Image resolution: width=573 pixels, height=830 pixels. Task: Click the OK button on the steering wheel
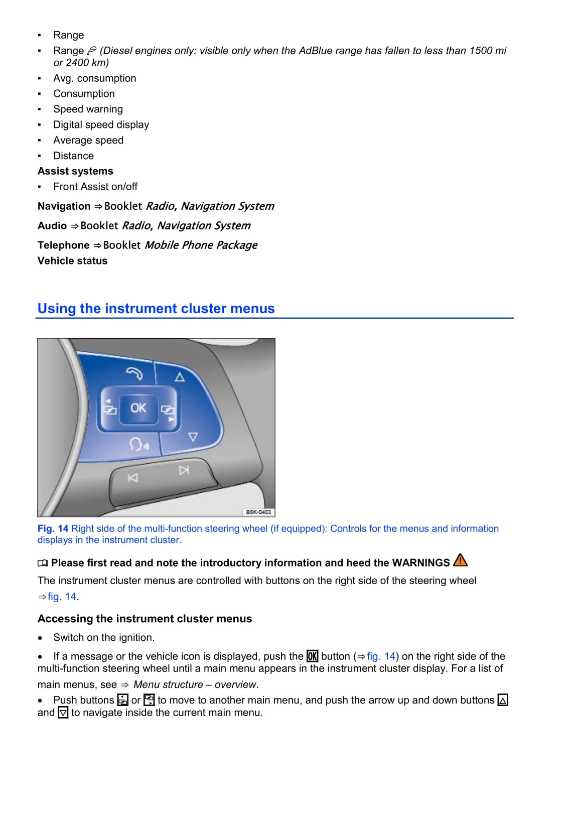click(x=138, y=408)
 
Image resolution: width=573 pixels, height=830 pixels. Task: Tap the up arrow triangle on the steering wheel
click(x=180, y=376)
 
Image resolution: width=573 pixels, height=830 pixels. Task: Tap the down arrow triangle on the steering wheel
click(x=193, y=437)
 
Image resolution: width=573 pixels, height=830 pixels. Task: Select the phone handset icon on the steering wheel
click(x=134, y=373)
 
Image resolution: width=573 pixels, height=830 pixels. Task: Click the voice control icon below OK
click(x=138, y=444)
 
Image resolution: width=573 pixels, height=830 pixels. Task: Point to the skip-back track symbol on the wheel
click(x=132, y=478)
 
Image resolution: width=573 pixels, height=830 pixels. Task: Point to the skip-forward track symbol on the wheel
click(x=184, y=470)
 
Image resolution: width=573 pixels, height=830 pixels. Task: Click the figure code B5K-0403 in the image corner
click(x=258, y=512)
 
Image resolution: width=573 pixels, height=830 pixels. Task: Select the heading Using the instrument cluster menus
click(x=156, y=308)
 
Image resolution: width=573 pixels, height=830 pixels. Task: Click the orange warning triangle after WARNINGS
click(x=460, y=560)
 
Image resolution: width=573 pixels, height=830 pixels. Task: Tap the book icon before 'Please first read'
click(x=43, y=563)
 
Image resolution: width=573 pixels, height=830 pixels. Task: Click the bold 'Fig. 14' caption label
click(x=53, y=528)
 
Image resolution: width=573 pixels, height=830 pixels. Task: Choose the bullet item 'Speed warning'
click(x=88, y=109)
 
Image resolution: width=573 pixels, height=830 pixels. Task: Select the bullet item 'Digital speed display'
click(x=101, y=124)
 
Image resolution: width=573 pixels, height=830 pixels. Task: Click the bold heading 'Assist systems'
click(x=75, y=171)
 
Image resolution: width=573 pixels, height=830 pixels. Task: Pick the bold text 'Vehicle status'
click(x=72, y=260)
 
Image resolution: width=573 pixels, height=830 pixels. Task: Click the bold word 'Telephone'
click(x=63, y=245)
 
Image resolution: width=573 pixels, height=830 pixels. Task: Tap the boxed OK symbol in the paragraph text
click(x=312, y=656)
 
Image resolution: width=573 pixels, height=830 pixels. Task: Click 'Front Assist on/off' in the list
click(x=95, y=187)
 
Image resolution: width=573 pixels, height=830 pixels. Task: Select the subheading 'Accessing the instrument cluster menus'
click(x=145, y=619)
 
